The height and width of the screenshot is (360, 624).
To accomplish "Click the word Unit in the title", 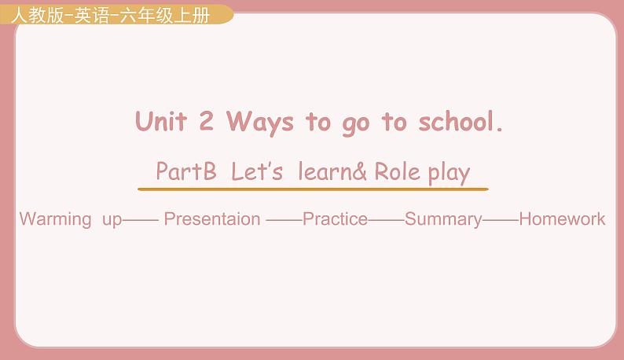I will (x=162, y=122).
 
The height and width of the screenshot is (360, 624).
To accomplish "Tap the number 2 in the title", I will (x=207, y=122).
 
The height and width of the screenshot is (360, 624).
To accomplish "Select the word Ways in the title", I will (x=259, y=123).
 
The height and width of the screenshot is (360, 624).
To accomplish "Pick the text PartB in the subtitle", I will (x=185, y=171).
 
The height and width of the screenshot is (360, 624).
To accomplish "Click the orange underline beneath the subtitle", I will (x=313, y=189).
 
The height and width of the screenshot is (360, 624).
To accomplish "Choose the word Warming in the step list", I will (x=55, y=219).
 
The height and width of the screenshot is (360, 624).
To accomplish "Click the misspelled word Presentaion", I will (x=212, y=219).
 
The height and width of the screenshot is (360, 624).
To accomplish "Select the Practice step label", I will (x=335, y=219).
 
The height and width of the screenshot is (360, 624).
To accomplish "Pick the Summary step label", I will (x=443, y=219).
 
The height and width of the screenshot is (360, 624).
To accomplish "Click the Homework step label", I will (x=562, y=219).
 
